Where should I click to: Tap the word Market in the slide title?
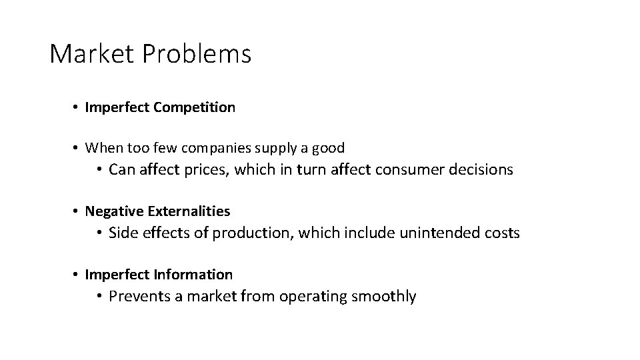tap(93, 54)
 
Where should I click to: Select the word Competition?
tap(194, 107)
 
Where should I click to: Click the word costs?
tap(503, 233)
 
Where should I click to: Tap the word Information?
tap(193, 275)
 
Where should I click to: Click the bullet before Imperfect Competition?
tap(77, 107)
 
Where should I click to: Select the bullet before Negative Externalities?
tap(77, 211)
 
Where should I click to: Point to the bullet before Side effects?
tap(99, 233)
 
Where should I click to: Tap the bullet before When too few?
tap(77, 148)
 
